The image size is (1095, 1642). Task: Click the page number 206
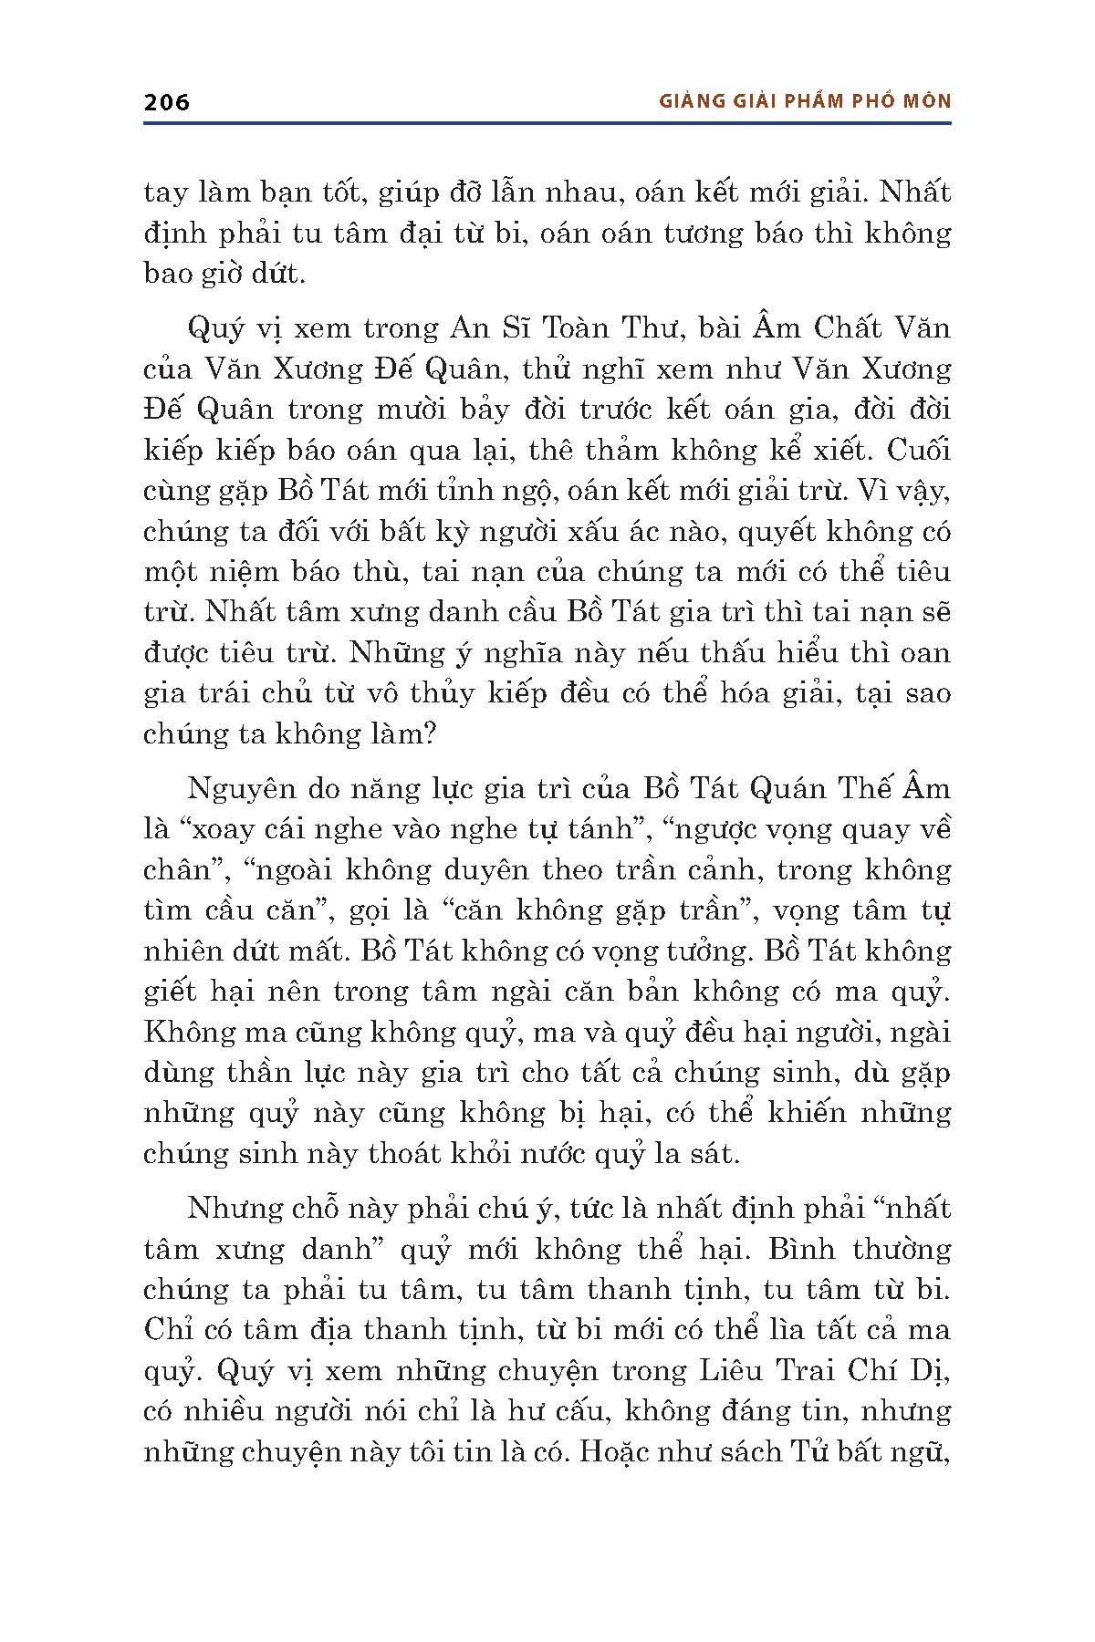167,102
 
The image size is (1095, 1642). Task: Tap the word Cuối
918,451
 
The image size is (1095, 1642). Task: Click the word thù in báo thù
364,572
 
